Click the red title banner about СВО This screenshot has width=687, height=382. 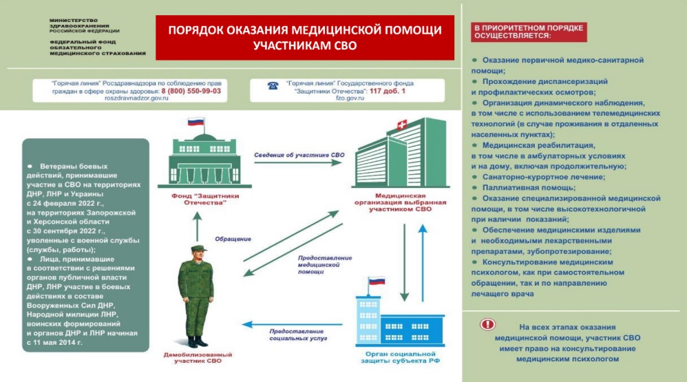coord(305,38)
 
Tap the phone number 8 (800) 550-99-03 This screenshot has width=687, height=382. coord(191,91)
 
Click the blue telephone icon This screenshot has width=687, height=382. coord(273,85)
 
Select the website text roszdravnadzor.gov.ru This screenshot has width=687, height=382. coord(136,98)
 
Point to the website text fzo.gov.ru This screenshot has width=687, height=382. coord(350,98)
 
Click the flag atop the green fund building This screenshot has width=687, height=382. coord(196,121)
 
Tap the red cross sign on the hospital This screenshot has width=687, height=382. coord(402,125)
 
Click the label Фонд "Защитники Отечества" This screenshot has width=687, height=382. coord(205,199)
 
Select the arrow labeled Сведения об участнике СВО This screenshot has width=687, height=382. coord(298,163)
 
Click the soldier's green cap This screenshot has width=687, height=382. coord(198,248)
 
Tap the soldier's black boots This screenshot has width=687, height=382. coord(197,341)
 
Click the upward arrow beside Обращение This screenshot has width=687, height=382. coord(197,226)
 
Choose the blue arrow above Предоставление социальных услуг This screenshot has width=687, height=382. coord(293,325)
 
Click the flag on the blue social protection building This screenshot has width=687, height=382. coord(377,281)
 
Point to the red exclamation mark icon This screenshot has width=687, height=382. coord(487,324)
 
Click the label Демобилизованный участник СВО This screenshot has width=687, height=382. coord(198,357)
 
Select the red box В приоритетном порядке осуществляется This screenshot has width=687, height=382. coord(529,32)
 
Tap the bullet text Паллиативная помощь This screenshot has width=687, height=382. coord(529,187)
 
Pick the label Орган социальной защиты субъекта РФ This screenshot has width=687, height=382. coord(400,357)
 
